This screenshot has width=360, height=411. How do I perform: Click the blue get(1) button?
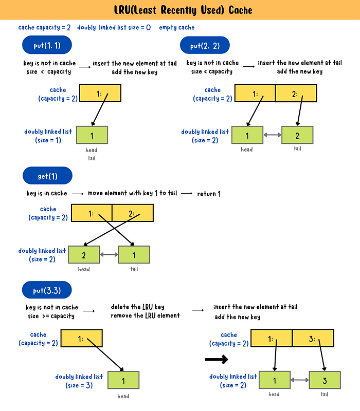(x=47, y=176)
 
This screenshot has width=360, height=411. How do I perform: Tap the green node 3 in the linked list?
(x=325, y=380)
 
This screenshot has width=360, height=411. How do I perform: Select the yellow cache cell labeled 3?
(x=313, y=339)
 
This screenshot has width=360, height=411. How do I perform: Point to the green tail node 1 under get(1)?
(x=134, y=254)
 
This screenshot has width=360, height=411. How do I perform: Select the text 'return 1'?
(x=208, y=194)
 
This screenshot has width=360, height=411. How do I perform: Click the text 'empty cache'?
(x=177, y=27)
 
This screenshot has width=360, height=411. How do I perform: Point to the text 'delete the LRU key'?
(x=139, y=307)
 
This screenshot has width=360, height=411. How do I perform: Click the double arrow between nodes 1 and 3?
(x=299, y=380)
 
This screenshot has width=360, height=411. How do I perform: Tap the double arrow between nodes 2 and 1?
(x=109, y=254)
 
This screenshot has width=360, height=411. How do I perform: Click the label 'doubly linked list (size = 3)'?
(x=79, y=381)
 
